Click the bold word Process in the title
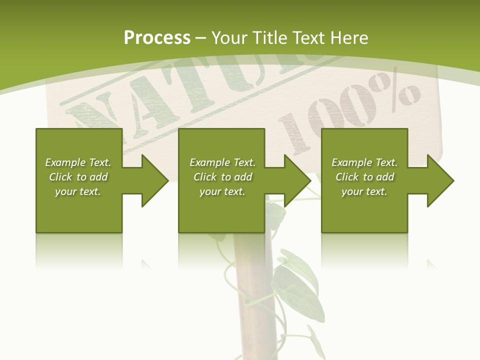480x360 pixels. click(157, 38)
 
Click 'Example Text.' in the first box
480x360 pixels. click(78, 162)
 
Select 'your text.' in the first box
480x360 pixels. click(78, 191)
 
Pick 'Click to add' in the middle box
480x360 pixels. click(222, 177)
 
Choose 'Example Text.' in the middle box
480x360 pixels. click(222, 162)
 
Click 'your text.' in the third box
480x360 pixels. click(364, 191)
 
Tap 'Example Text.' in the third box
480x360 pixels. click(364, 162)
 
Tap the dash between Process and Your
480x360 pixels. click(201, 38)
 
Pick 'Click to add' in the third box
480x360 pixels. click(364, 177)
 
